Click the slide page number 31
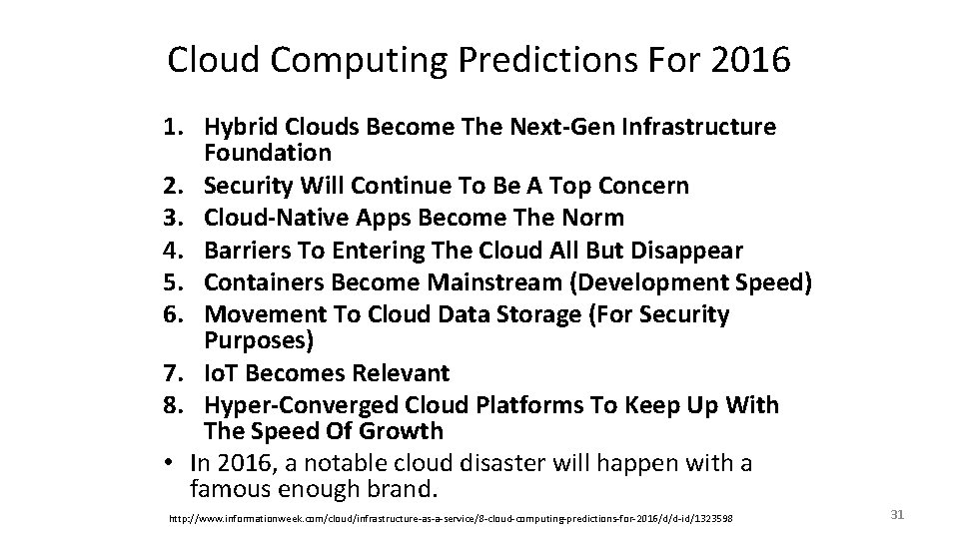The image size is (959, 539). (896, 514)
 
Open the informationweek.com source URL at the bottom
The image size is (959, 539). (451, 517)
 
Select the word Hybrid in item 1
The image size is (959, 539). (237, 128)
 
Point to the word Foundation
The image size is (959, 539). (268, 153)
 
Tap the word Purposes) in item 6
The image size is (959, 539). (259, 340)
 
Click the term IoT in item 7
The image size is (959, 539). (222, 373)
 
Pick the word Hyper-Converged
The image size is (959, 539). (303, 406)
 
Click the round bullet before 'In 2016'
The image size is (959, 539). (173, 463)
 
